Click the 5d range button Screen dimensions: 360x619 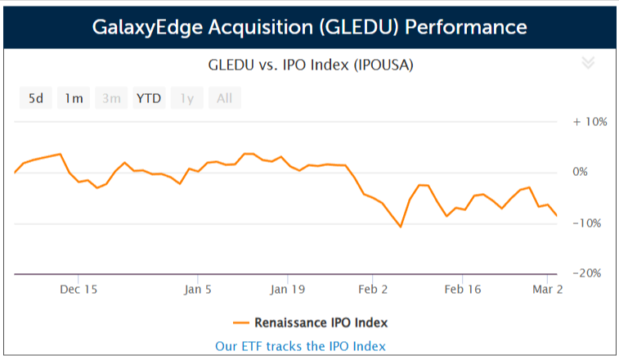pos(36,99)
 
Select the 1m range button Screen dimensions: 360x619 pos(74,99)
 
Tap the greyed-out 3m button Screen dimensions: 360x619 pos(111,99)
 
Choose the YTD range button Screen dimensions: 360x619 pos(149,99)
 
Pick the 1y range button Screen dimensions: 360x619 pos(187,99)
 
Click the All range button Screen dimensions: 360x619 pos(224,99)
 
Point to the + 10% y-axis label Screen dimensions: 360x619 pos(590,121)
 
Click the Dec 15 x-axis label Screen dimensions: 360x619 pos(79,289)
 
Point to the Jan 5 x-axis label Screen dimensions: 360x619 pos(198,289)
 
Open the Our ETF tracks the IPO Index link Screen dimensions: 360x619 pos(300,345)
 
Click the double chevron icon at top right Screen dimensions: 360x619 pos(587,64)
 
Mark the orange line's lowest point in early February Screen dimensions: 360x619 pos(401,227)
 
